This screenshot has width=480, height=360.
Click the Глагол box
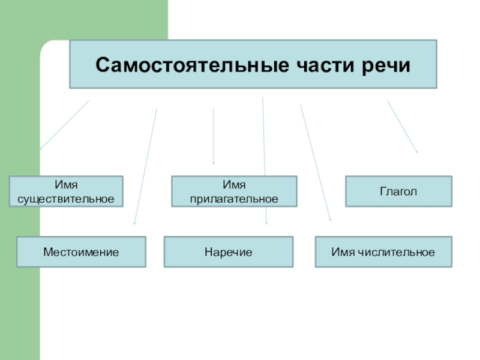point(398,191)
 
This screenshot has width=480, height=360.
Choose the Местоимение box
point(81,252)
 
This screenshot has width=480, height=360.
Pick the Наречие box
point(229,252)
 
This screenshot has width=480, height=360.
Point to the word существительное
point(66,198)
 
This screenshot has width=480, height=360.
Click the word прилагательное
point(234,198)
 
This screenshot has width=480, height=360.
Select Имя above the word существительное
point(66,185)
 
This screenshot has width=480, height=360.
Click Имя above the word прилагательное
point(234,185)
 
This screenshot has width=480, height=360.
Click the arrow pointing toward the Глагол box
point(403,127)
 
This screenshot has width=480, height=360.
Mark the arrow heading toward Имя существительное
point(64,125)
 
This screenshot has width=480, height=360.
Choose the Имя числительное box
point(383,252)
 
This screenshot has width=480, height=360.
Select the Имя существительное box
point(66,191)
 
